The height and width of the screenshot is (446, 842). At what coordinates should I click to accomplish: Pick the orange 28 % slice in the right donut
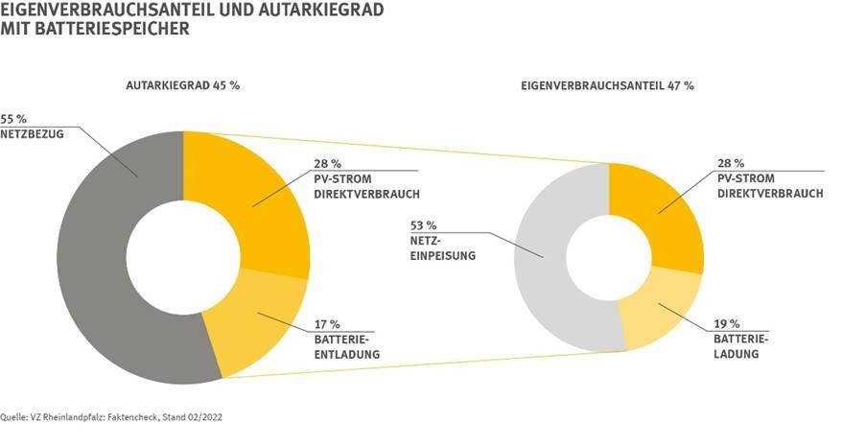(662, 211)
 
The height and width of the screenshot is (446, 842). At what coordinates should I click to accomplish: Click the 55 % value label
(14, 119)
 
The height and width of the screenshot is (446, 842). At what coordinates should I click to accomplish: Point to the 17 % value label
(328, 324)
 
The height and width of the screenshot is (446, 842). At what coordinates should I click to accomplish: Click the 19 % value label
(726, 323)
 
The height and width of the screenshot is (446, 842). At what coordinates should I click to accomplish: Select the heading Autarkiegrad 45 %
(183, 85)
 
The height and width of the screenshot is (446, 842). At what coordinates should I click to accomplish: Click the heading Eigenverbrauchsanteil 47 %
(607, 85)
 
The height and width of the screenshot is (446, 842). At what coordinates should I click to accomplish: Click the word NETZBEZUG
(33, 134)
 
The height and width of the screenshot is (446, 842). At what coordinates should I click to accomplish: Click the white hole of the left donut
(183, 257)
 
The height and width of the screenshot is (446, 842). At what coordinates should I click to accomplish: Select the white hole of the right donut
(608, 257)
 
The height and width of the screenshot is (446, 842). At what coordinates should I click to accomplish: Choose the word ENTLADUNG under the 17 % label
(347, 355)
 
